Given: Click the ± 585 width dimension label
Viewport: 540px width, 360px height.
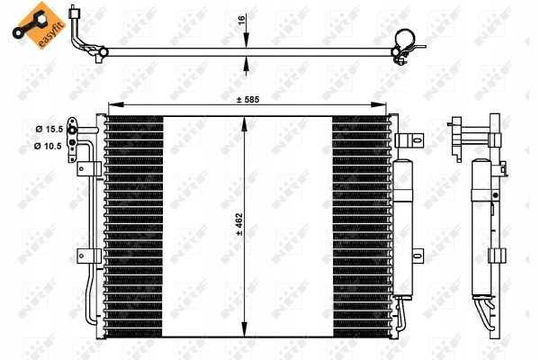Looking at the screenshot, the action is pyautogui.click(x=247, y=100).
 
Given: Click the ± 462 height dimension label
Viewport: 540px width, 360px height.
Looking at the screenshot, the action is pyautogui.click(x=239, y=224).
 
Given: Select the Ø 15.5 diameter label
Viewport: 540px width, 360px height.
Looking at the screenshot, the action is pyautogui.click(x=49, y=130).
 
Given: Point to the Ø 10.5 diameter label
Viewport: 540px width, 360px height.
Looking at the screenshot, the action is pyautogui.click(x=48, y=146).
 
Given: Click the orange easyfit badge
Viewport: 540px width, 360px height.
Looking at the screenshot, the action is pyautogui.click(x=38, y=25).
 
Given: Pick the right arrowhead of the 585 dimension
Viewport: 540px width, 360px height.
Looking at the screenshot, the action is pyautogui.click(x=379, y=104).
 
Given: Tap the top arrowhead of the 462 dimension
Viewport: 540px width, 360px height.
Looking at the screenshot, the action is pyautogui.click(x=244, y=124).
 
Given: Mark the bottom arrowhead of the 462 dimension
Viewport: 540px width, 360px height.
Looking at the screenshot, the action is pyautogui.click(x=244, y=329).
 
